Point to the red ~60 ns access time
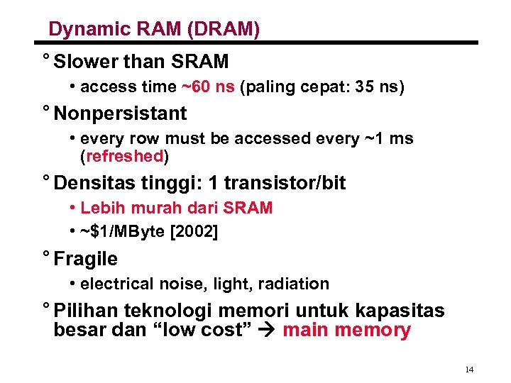point(208,87)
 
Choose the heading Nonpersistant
point(120,113)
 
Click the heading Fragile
point(85,259)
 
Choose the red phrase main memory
point(346,331)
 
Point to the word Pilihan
point(86,311)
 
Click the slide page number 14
point(468,370)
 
